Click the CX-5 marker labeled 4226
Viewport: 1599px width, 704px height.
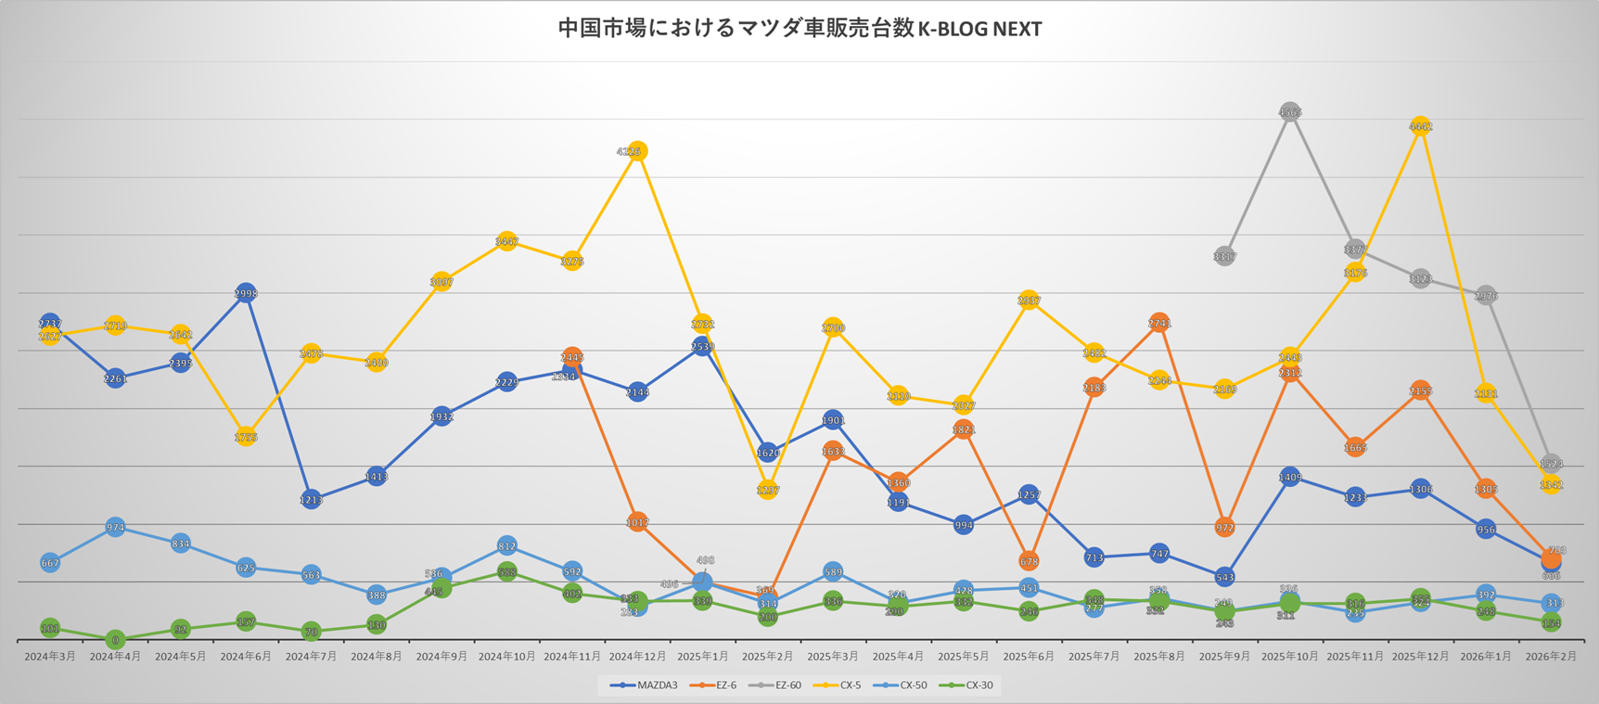tap(637, 151)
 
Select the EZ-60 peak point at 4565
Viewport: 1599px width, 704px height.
tap(1289, 111)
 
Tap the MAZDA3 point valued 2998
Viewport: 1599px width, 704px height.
tap(246, 293)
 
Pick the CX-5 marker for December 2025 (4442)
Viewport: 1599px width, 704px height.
tap(1420, 126)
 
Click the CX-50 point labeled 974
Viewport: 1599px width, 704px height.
tap(115, 528)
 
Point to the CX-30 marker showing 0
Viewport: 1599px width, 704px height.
tap(115, 639)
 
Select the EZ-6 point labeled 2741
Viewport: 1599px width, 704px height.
tap(1159, 323)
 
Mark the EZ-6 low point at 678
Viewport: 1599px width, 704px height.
tap(1029, 561)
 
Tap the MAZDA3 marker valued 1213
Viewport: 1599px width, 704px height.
tap(311, 499)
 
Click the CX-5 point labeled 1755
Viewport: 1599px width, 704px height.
tap(246, 436)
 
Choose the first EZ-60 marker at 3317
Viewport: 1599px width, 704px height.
tap(1224, 256)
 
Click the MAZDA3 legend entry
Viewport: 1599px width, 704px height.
tap(644, 685)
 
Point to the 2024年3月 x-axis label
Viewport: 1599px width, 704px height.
tap(50, 657)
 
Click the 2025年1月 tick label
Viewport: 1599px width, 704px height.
tap(702, 657)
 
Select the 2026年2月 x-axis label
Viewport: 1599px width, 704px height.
tap(1551, 657)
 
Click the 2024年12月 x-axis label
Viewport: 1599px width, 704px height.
tap(637, 657)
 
